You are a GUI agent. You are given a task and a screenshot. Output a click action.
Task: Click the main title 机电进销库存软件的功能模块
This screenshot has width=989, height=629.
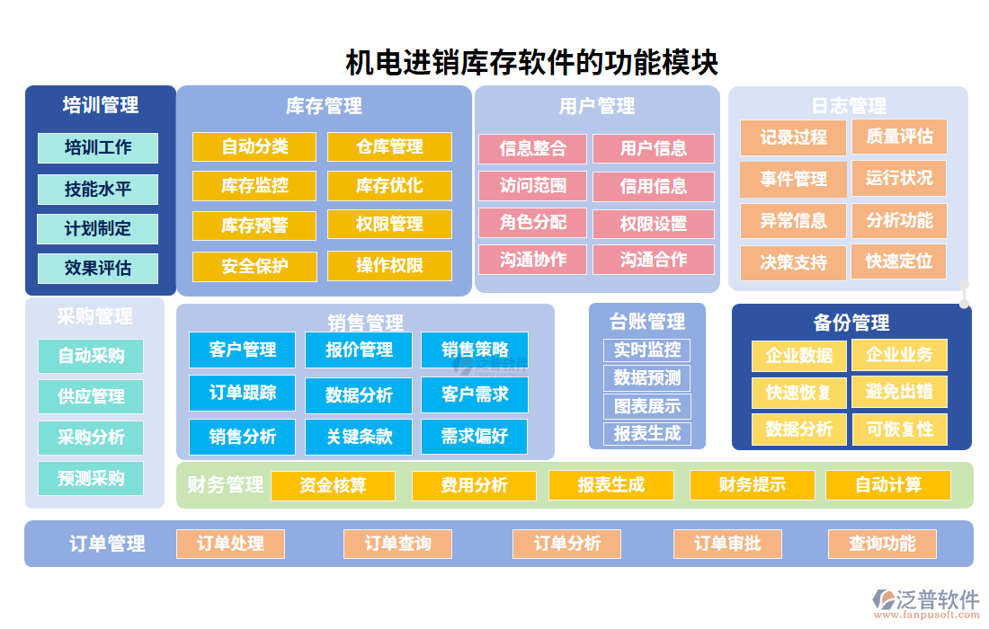tap(531, 64)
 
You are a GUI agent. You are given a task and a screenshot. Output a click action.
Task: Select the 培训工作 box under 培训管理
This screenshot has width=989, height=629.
tap(98, 147)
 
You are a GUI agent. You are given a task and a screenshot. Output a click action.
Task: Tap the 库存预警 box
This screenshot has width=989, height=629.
tap(254, 225)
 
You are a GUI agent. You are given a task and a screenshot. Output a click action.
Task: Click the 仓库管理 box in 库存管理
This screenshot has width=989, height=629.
tap(389, 146)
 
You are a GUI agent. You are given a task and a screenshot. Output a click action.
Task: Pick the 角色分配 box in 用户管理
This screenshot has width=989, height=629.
tap(533, 222)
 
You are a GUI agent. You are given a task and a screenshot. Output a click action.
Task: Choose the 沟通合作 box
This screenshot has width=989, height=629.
tap(654, 260)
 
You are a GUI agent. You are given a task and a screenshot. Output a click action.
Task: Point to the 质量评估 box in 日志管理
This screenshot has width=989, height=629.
tap(899, 137)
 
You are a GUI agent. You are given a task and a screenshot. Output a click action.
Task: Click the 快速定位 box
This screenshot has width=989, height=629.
tap(899, 261)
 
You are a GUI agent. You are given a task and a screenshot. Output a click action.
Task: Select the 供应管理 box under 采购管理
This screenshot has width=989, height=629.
tap(91, 396)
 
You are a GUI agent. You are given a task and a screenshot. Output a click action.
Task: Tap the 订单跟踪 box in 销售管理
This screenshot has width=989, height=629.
tap(243, 393)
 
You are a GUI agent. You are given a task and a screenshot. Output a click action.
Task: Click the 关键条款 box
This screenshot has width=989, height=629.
tap(359, 437)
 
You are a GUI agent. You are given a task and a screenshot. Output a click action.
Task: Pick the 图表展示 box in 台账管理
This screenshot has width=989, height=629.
tap(646, 405)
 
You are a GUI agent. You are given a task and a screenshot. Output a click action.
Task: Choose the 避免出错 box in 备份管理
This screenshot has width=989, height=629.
tap(899, 392)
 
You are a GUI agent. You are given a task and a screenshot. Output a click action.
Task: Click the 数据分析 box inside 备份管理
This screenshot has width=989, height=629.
tap(799, 429)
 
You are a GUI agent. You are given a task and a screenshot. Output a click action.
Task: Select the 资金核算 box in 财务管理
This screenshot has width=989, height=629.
tap(333, 485)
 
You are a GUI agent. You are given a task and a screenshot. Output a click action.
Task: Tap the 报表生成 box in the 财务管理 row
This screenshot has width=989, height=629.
tap(610, 485)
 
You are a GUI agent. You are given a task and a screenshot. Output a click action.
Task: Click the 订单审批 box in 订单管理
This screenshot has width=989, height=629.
tap(727, 544)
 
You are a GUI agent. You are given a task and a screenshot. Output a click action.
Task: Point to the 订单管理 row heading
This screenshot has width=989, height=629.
tap(107, 544)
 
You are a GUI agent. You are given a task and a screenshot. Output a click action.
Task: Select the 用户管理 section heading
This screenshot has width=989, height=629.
tap(597, 106)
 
